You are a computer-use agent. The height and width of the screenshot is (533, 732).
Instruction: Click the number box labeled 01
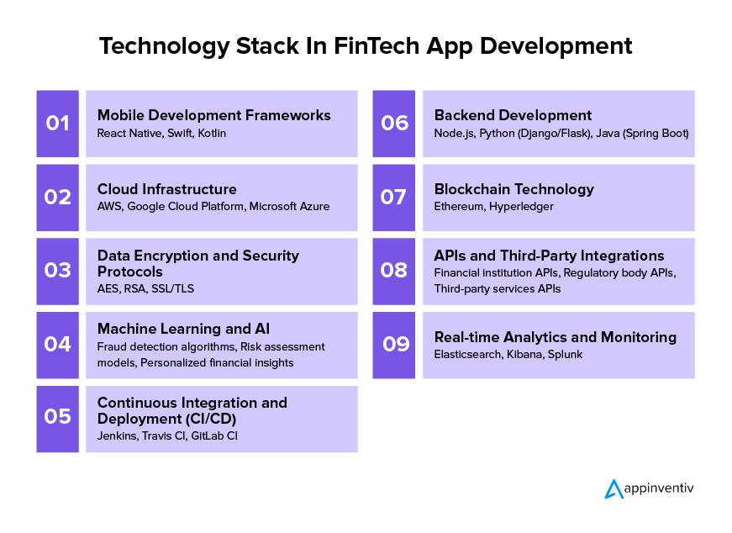coord(57,124)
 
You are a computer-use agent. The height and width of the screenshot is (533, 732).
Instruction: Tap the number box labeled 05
coord(57,419)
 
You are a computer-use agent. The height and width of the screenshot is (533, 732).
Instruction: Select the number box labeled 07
coord(393,198)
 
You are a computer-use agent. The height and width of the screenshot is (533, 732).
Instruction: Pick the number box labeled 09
coord(393,346)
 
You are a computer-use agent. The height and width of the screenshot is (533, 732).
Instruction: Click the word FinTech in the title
coord(377,46)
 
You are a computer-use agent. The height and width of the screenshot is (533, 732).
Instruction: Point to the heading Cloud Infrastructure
coord(166,189)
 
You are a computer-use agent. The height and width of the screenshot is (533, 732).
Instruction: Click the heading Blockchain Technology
coord(514,190)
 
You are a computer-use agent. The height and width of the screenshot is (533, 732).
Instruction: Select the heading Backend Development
coord(513,115)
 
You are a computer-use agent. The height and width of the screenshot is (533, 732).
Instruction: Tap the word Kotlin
coord(212,133)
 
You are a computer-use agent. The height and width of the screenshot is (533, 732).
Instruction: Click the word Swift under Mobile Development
coord(180,133)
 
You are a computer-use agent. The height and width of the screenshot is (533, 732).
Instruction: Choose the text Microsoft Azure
coord(289,207)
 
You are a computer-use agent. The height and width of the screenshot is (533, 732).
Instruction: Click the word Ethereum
coord(459,207)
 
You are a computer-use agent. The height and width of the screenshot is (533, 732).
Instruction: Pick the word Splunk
coord(565,355)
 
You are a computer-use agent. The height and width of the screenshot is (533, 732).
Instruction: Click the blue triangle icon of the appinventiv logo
coord(614,489)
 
